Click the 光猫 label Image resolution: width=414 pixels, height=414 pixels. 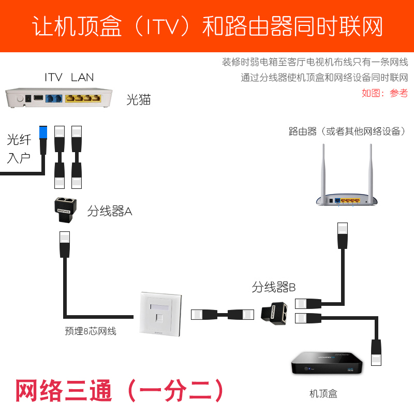[139, 100]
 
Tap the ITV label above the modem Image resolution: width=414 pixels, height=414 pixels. [53, 78]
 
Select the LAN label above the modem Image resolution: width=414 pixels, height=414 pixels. [83, 78]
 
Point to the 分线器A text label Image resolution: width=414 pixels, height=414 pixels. [110, 211]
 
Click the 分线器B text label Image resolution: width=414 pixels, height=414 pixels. [274, 287]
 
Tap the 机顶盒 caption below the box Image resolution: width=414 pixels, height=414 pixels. [323, 394]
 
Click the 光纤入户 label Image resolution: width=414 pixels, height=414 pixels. [19, 149]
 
